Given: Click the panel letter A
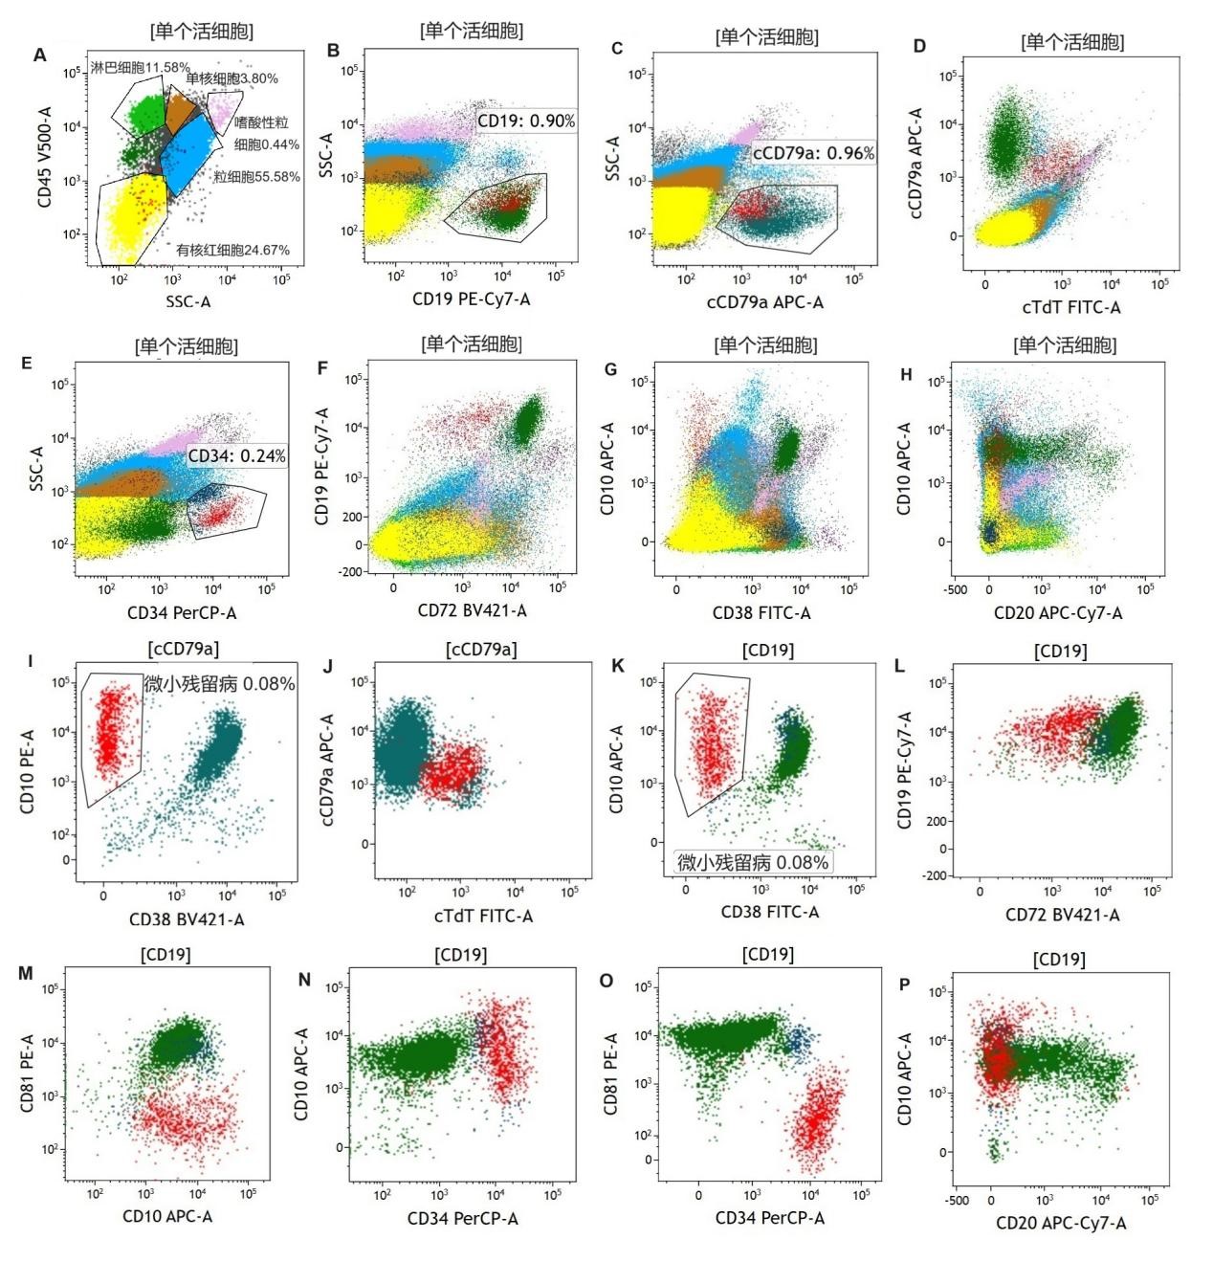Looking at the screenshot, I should [x=39, y=55].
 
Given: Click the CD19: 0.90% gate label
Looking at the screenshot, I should [x=526, y=121].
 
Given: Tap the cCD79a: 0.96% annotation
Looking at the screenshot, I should [x=813, y=153].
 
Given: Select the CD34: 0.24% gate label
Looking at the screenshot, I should [x=236, y=456].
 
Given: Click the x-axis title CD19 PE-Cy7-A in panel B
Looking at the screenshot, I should [x=471, y=299].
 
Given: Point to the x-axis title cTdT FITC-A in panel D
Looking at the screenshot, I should [x=1070, y=307].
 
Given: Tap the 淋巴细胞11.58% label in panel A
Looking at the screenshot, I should [x=141, y=68].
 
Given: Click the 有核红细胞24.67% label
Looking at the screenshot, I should [x=232, y=250].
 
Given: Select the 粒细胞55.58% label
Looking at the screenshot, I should [x=255, y=177].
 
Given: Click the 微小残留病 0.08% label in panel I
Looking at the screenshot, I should [x=219, y=684].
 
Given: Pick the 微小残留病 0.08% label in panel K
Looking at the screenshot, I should [x=753, y=862].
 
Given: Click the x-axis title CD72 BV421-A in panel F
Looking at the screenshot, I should [x=472, y=610].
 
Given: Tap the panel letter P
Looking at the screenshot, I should [x=905, y=984].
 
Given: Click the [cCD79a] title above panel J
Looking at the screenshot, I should [x=480, y=650].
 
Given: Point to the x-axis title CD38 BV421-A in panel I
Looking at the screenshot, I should [x=187, y=919].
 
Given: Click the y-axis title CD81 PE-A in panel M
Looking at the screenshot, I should [x=29, y=1073].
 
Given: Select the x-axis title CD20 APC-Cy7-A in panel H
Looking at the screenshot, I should [x=1058, y=612].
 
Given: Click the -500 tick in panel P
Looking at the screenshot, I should [x=957, y=1200].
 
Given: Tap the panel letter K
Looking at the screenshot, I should [x=618, y=665].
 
